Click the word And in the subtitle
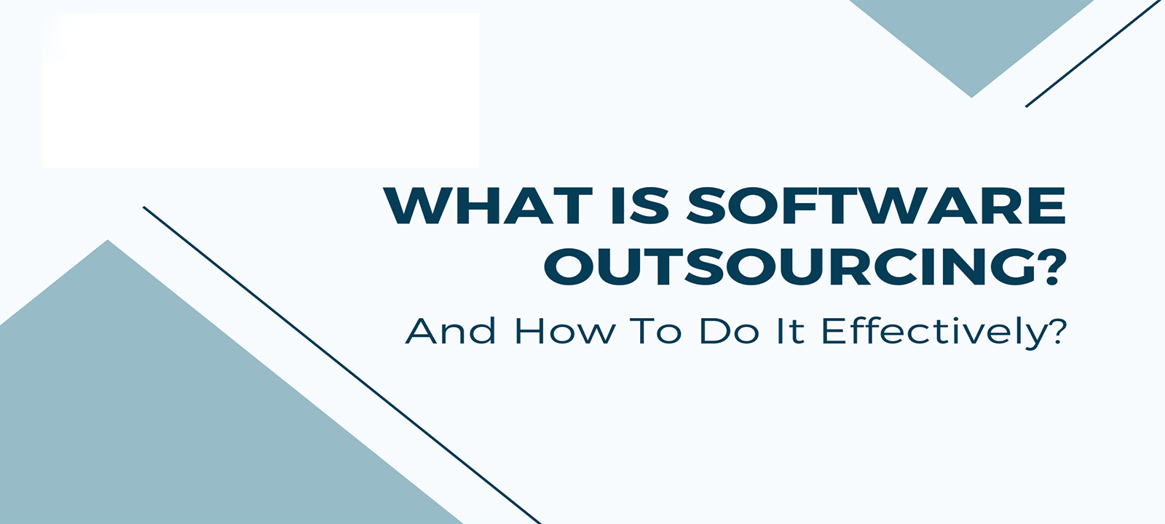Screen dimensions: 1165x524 coord(451,331)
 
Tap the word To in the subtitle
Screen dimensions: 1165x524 coord(655,331)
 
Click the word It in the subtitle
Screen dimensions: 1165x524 coord(791,331)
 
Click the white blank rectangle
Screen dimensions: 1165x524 coord(261,90)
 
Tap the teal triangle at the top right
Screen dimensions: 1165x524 coord(971,36)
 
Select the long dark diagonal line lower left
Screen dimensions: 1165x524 coord(342,365)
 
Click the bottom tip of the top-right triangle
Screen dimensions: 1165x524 coord(971,98)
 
